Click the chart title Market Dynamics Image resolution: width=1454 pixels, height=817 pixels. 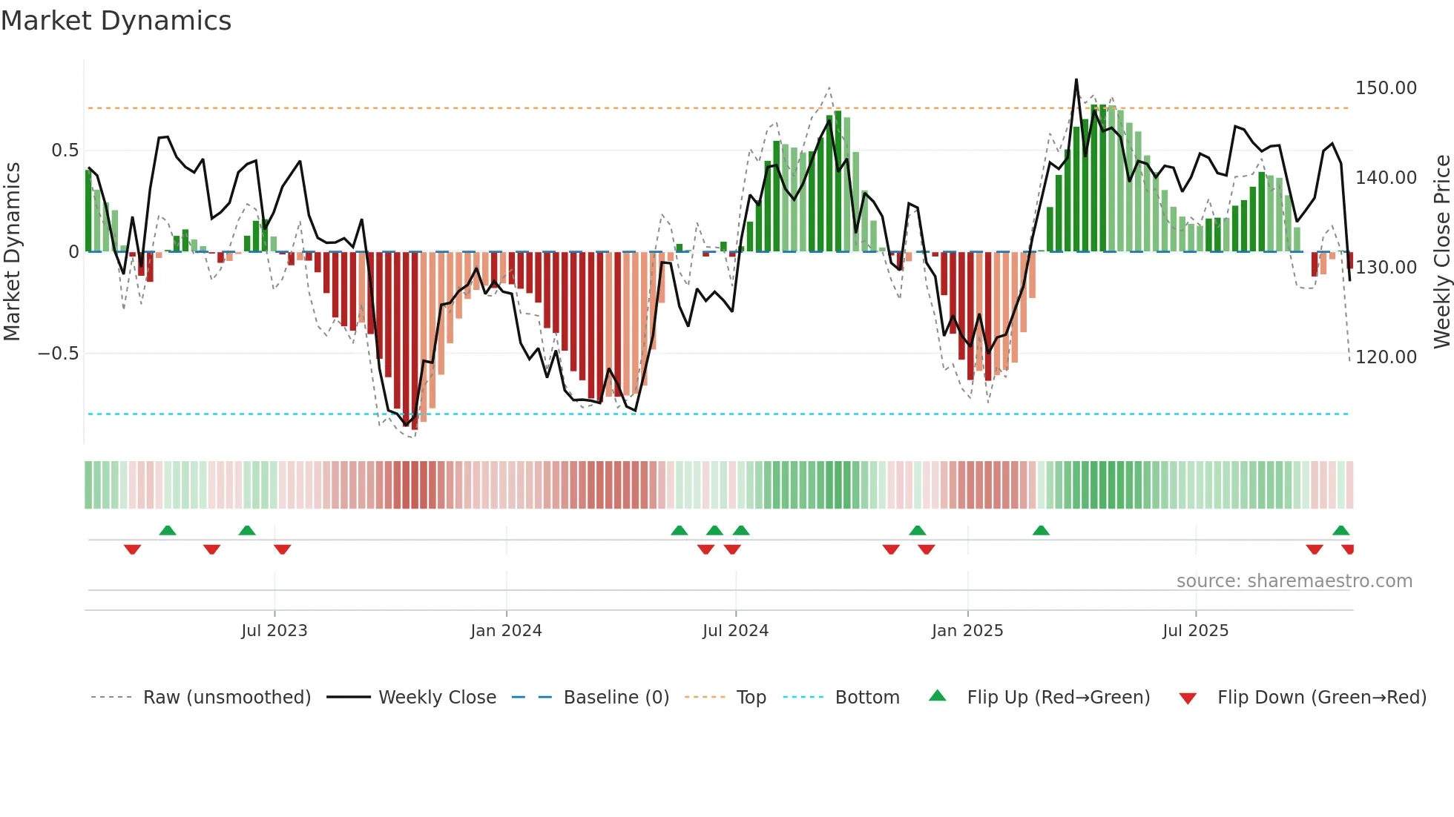116,21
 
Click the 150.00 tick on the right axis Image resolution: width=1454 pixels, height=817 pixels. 1385,88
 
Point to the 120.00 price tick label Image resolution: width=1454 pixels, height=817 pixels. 1385,357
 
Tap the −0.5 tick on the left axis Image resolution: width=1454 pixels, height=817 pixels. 58,354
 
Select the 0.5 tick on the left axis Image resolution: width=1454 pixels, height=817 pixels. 65,150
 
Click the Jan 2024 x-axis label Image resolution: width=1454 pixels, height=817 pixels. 506,631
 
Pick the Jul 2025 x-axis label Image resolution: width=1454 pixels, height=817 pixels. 1195,631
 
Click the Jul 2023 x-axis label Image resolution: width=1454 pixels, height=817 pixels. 274,631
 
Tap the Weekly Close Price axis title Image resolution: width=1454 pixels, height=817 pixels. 1441,251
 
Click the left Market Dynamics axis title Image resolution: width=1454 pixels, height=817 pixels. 12,251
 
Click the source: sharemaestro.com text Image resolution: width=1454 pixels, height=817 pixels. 1294,581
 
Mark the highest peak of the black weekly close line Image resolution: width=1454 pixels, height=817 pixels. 1076,80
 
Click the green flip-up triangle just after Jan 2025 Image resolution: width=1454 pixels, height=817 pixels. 1041,531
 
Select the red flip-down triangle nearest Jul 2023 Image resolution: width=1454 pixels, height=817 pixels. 282,549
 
